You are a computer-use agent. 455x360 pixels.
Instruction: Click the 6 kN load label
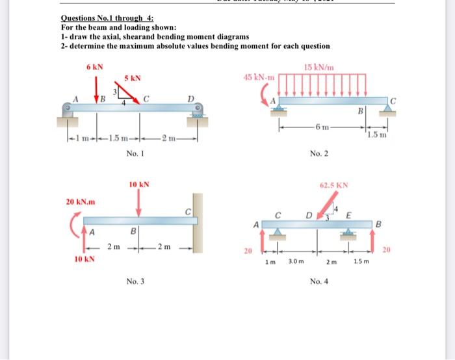[x=95, y=68]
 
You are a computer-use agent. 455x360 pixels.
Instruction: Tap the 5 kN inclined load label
[x=133, y=79]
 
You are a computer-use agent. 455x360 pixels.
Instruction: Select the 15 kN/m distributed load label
[x=318, y=68]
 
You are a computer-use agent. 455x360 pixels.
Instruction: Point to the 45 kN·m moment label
[x=259, y=77]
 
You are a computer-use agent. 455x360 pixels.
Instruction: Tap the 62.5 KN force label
[x=334, y=185]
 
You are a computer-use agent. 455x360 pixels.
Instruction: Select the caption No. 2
[x=318, y=153]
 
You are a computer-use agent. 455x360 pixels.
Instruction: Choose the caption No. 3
[x=136, y=281]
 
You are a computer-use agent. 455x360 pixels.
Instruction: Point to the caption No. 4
[x=319, y=281]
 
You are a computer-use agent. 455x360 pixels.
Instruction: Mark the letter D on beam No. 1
[x=191, y=99]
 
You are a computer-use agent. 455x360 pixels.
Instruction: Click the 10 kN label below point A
[x=84, y=259]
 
